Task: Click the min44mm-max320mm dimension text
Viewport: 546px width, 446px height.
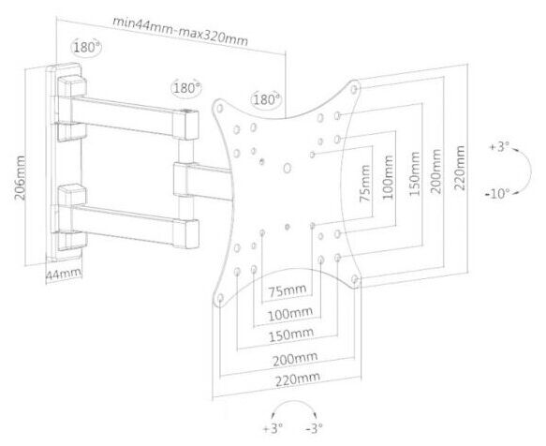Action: [x=181, y=31]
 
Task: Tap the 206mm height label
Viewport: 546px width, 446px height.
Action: [x=21, y=178]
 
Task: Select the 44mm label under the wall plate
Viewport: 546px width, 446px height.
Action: [x=64, y=274]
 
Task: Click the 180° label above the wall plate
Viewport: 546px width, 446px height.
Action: [x=87, y=47]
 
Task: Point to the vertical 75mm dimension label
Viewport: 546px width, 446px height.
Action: [x=365, y=184]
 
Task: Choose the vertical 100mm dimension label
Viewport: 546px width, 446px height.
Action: [x=388, y=177]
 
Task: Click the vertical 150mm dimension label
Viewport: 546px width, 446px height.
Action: [x=414, y=173]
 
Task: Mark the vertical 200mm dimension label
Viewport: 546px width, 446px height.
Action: [x=435, y=171]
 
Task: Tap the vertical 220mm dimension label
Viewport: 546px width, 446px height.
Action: [x=460, y=168]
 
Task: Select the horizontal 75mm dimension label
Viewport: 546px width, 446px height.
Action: [x=288, y=290]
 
